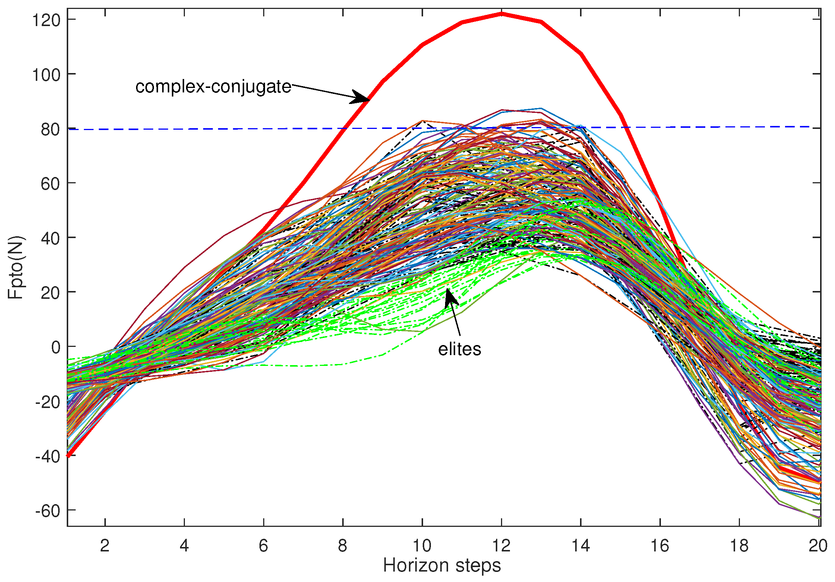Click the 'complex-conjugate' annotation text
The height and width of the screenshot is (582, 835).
213,87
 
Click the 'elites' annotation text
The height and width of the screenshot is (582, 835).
459,349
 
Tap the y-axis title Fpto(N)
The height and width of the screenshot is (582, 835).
16,267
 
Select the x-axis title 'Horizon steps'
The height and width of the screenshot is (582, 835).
442,565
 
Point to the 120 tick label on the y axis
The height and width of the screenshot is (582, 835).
46,20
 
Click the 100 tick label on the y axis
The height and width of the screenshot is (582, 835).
46,75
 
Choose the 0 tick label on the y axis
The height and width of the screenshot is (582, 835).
56,348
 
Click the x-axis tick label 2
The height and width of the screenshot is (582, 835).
105,545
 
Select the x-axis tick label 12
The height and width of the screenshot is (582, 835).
501,545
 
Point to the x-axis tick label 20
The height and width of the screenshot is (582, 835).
818,545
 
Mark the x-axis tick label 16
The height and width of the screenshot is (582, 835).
660,545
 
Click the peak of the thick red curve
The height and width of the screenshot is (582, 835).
502,14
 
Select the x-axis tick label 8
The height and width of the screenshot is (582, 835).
343,545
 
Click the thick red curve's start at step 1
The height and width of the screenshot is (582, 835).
69,455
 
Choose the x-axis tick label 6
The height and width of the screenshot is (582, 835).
263,545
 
